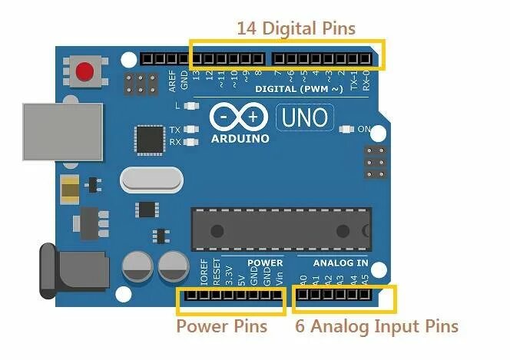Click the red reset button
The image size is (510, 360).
pyautogui.click(x=84, y=72)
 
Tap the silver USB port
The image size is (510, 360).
pyautogui.click(x=61, y=133)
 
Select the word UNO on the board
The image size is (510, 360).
pyautogui.click(x=305, y=118)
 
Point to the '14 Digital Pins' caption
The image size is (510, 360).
pyautogui.click(x=296, y=28)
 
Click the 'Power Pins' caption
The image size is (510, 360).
pyautogui.click(x=222, y=326)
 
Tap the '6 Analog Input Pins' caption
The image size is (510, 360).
pyautogui.click(x=376, y=326)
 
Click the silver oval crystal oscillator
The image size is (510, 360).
pyautogui.click(x=152, y=181)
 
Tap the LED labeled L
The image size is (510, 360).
pyautogui.click(x=191, y=105)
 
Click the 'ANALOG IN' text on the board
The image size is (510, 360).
pyautogui.click(x=340, y=263)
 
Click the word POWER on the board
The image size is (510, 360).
pyautogui.click(x=265, y=263)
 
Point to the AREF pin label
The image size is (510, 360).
pyautogui.click(x=172, y=80)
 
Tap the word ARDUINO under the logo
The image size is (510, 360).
pyautogui.click(x=240, y=139)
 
